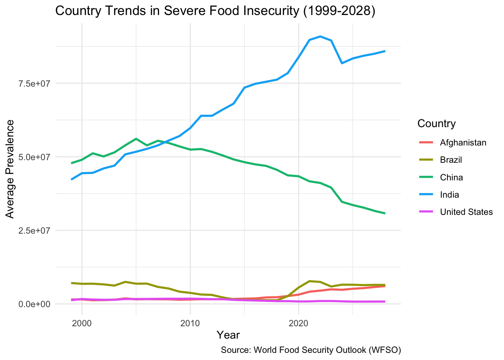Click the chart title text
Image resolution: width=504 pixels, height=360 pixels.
[215, 11]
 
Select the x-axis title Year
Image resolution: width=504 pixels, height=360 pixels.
[228, 334]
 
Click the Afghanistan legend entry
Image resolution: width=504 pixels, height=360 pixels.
[463, 142]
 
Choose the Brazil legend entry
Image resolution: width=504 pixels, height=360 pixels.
[451, 160]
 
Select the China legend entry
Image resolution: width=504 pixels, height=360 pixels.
[451, 177]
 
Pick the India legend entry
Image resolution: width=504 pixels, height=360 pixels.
[449, 195]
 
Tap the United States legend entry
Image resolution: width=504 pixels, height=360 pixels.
[466, 212]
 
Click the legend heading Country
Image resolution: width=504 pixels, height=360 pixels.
[436, 123]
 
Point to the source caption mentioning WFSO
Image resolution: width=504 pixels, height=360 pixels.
[311, 350]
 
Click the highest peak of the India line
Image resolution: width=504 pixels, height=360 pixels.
[320, 36]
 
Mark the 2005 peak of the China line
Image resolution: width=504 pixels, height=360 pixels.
[136, 139]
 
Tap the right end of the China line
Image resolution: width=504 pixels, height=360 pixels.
[385, 213]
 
